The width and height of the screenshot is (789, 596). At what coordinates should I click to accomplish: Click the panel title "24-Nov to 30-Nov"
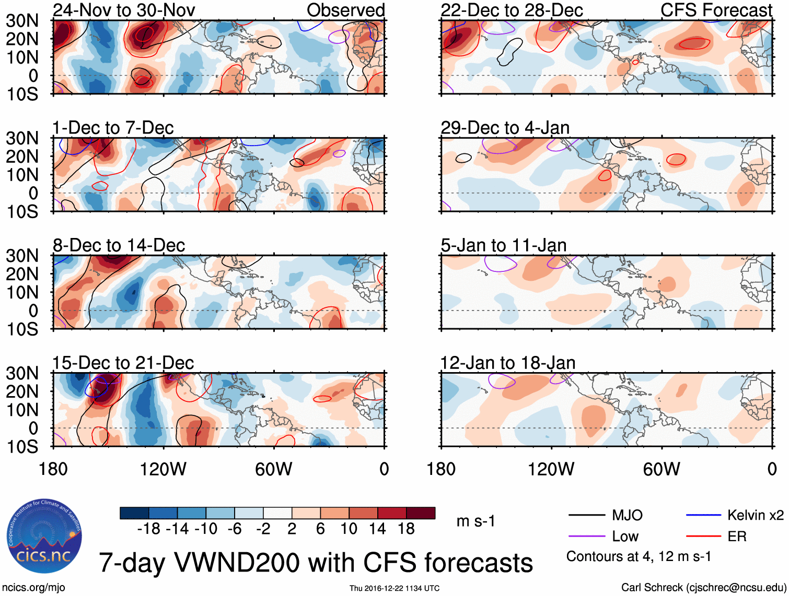coord(124,10)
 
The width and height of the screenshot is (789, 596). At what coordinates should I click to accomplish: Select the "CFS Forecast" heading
coord(716,10)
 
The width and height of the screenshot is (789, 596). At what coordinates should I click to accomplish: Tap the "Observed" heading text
coord(345,10)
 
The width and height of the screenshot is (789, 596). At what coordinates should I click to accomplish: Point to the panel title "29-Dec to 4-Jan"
coord(505,128)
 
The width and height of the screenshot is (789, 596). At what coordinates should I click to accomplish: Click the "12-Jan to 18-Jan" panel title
coord(507,363)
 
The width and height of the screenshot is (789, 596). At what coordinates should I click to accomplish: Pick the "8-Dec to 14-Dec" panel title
coord(119,245)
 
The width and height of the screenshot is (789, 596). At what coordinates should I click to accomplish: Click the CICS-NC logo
coord(44,537)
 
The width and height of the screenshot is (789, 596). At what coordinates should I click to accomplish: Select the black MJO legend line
coord(586,516)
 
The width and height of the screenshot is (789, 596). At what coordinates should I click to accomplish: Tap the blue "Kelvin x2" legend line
coord(703,516)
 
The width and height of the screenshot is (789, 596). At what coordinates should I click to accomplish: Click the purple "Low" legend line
coord(586,537)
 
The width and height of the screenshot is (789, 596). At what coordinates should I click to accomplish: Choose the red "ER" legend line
coord(703,537)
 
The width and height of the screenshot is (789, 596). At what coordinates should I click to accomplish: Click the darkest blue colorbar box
coord(134,513)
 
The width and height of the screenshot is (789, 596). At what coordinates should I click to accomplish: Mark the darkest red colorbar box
coord(421,513)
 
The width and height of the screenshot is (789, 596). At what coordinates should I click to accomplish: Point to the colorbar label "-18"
coord(149,529)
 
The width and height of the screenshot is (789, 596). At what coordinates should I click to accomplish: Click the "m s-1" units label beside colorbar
coord(475,521)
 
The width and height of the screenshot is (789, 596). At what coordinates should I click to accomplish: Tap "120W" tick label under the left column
coord(163,469)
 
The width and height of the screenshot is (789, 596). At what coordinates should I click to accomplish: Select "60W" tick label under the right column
coord(662,469)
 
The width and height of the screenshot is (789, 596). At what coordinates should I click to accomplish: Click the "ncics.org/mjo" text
coord(33,588)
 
